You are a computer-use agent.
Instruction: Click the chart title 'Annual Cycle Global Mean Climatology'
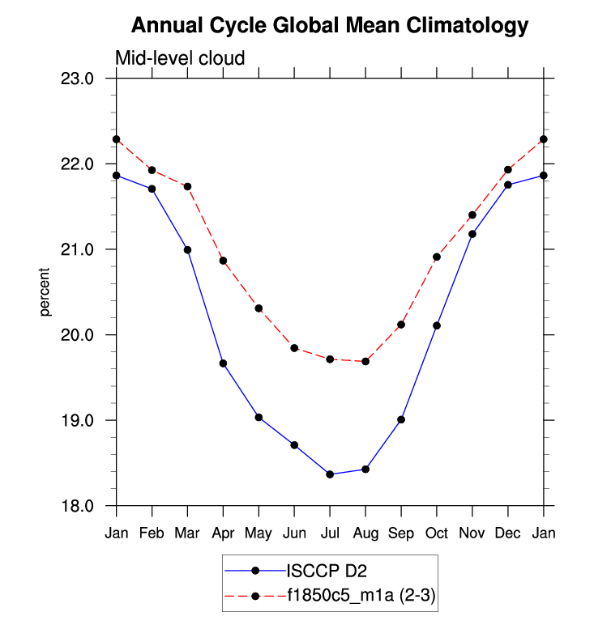pos(329,26)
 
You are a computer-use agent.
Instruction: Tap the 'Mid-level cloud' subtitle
pos(179,57)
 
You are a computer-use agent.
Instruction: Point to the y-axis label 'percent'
pos(45,292)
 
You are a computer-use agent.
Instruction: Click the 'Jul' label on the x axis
pos(330,533)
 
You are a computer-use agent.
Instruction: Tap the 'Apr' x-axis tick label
pos(223,533)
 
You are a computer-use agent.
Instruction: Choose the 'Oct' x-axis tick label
pos(437,533)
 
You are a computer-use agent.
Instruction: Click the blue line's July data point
pos(330,474)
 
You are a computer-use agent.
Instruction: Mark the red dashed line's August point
pos(365,361)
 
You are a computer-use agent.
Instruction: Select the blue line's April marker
pos(223,363)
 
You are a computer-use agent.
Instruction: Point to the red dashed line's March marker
pos(187,186)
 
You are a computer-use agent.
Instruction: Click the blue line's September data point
pos(401,419)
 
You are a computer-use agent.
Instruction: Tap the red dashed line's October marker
pos(437,257)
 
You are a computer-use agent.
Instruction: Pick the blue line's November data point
pos(472,234)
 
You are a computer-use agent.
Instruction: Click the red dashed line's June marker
pos(294,348)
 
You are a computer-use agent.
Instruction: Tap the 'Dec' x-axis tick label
pos(508,533)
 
